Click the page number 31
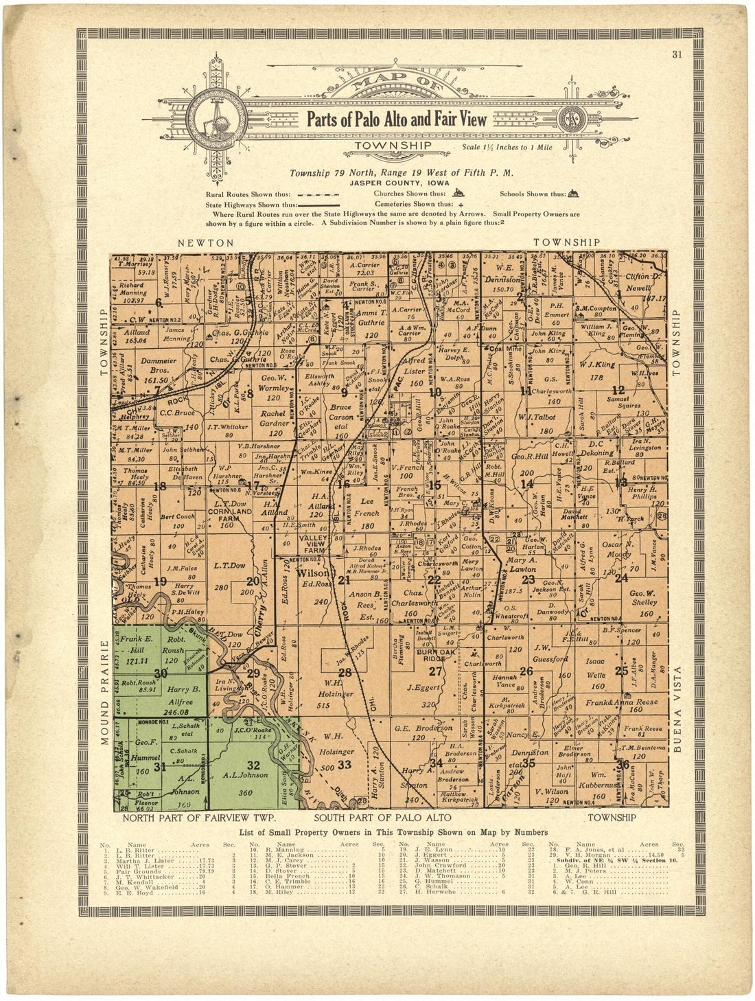click(677, 56)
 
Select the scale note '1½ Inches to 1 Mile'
click(507, 147)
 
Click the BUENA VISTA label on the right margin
click(678, 709)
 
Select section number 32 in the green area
click(253, 765)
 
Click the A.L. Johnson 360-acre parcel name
click(245, 776)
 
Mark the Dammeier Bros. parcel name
click(159, 365)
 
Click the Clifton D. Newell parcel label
click(642, 281)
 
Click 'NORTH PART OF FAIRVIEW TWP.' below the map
click(198, 818)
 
